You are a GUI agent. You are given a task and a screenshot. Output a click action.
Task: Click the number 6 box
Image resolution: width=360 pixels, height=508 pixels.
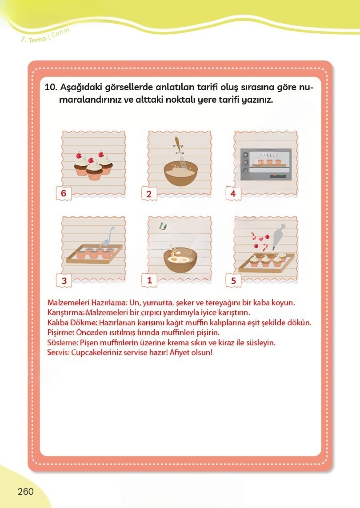pos(64,193)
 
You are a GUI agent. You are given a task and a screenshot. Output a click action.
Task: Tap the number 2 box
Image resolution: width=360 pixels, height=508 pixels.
pos(149,194)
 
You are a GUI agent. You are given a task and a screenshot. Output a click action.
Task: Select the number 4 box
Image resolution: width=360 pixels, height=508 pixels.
pos(233,193)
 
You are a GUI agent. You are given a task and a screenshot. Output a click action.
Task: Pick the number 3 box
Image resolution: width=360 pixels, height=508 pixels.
pos(64,280)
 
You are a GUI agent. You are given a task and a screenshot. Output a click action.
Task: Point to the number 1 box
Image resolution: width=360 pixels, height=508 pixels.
pos(149,280)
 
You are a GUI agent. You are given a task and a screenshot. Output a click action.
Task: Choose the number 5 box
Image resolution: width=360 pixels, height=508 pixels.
pos(233,280)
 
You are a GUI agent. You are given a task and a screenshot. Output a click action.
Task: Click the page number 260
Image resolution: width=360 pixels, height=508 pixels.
pos(26,492)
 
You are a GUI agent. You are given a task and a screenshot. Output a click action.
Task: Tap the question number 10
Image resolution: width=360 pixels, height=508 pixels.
pos(51,87)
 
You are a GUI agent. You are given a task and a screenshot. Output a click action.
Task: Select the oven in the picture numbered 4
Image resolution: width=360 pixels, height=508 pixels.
pos(266,164)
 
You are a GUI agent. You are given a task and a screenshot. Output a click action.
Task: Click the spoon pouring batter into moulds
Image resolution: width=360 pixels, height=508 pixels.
pos(108,236)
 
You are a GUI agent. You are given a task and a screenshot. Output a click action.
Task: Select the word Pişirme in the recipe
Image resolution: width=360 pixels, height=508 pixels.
pos(60,332)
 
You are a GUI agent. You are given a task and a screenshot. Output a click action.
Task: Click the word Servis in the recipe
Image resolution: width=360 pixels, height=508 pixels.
pos(58,352)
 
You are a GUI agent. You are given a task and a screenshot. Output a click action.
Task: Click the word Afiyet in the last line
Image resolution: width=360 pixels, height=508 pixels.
pos(179,352)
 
